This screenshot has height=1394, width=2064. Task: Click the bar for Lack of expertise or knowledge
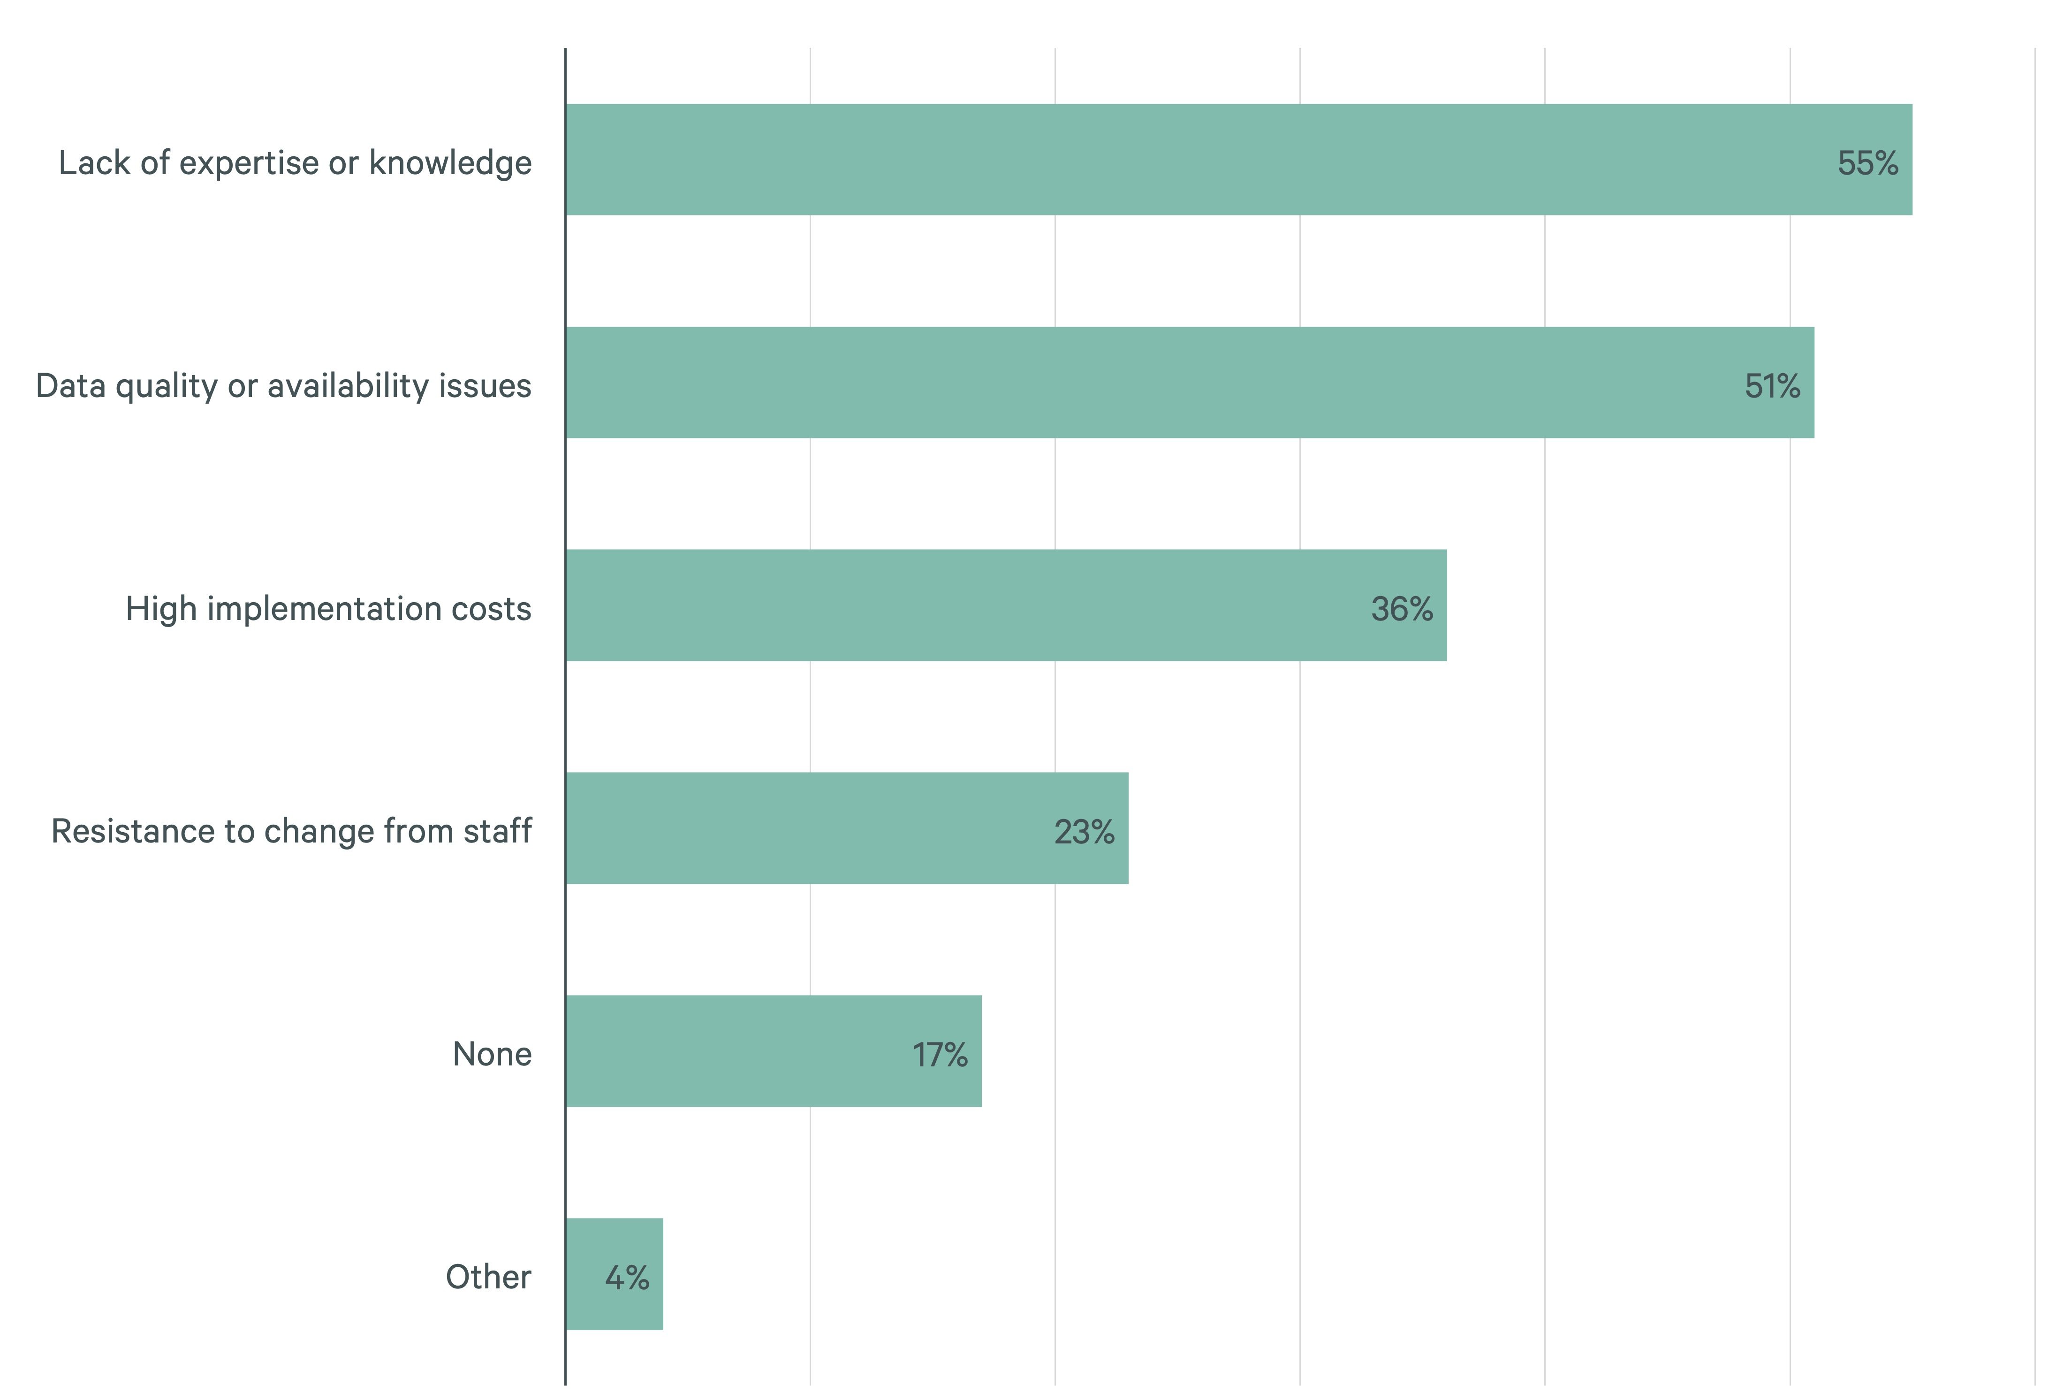tap(1238, 160)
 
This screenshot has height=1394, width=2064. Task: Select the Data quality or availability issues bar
tap(1189, 383)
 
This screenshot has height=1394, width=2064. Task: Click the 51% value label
tap(1772, 386)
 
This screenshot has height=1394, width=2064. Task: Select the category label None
tap(492, 1054)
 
